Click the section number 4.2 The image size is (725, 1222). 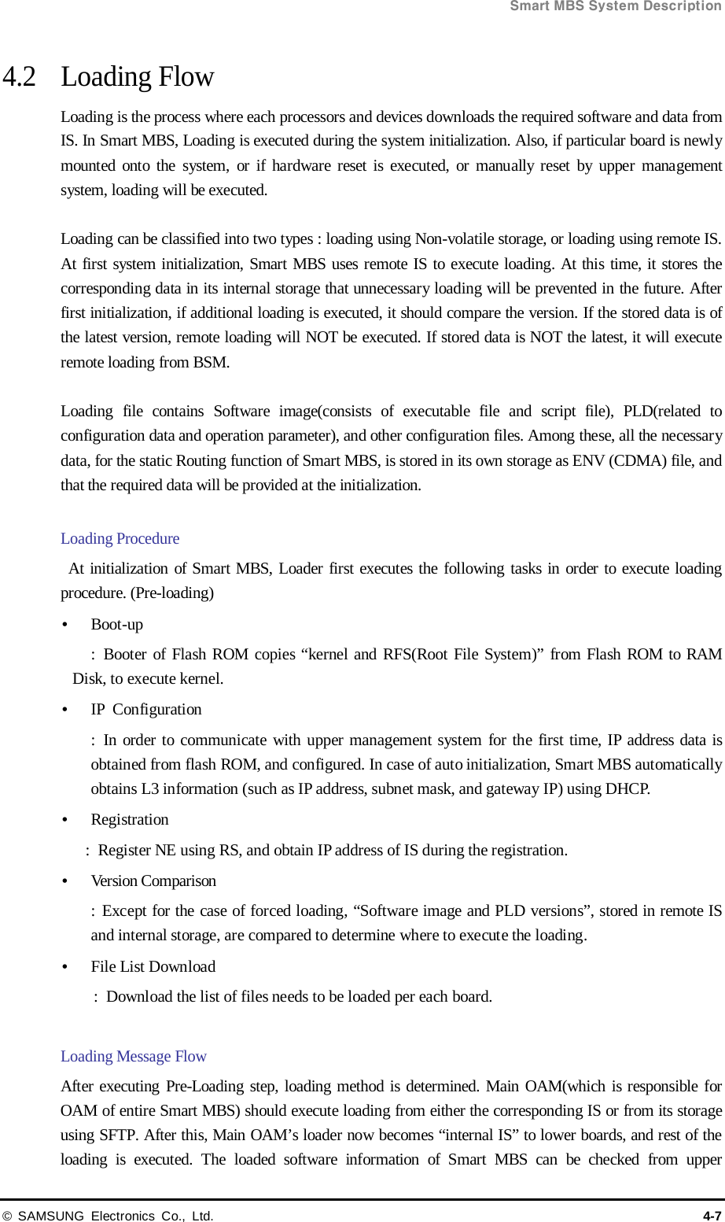point(20,77)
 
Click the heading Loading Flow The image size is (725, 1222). point(138,77)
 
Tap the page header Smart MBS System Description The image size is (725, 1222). point(616,6)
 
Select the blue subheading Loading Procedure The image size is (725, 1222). point(120,539)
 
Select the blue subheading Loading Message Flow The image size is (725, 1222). point(134,1057)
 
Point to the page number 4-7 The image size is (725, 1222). point(712,1216)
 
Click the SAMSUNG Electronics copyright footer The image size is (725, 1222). point(108,1216)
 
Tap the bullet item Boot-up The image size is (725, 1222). point(117,625)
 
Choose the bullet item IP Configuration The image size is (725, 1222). point(146,710)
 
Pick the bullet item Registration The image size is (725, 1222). point(130,820)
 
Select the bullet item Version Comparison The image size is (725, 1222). point(153,881)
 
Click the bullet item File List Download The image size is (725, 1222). point(153,967)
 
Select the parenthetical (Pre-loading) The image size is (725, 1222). point(172,593)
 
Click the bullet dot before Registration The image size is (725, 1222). point(64,820)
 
